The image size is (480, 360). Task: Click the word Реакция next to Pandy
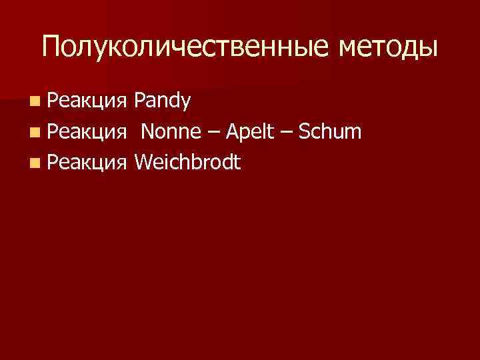tap(87, 101)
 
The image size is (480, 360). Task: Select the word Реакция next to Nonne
tap(87, 132)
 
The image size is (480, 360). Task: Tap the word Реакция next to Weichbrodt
tap(87, 163)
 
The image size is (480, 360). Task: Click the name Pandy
tap(162, 101)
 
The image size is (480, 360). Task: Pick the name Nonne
tap(171, 132)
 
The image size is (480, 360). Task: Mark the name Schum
tap(331, 132)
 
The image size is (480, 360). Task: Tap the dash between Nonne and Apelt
tap(213, 133)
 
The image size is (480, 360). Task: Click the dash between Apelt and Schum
tap(287, 133)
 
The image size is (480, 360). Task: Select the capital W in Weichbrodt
tap(141, 162)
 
